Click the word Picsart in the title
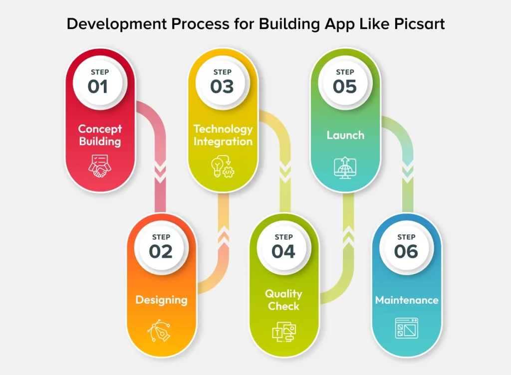419,24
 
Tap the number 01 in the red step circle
97,87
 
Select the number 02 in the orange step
161,252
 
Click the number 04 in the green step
283,252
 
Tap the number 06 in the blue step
406,252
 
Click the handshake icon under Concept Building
100,166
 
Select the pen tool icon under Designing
159,331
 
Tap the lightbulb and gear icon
223,167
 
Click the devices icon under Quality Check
284,332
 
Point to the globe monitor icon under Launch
345,168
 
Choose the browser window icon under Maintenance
406,328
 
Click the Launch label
345,135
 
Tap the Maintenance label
407,300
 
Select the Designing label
161,300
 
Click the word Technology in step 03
223,129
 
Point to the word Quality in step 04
283,294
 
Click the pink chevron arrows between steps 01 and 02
160,174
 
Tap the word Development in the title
117,24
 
